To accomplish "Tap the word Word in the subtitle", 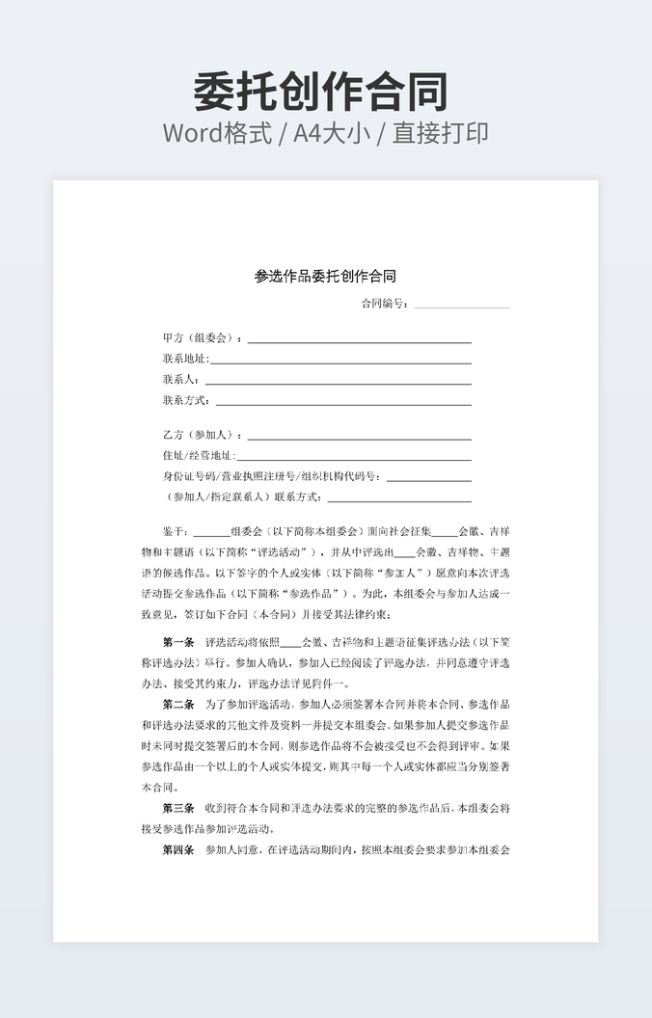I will tap(194, 133).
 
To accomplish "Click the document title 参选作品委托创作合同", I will tap(325, 276).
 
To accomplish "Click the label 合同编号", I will tap(384, 304).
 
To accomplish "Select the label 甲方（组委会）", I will tap(199, 338).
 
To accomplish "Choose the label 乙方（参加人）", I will tap(199, 435).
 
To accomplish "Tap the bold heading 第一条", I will tap(178, 642).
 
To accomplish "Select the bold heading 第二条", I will tap(178, 705).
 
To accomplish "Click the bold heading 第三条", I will tap(178, 808).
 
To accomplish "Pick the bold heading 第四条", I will tap(178, 850).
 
